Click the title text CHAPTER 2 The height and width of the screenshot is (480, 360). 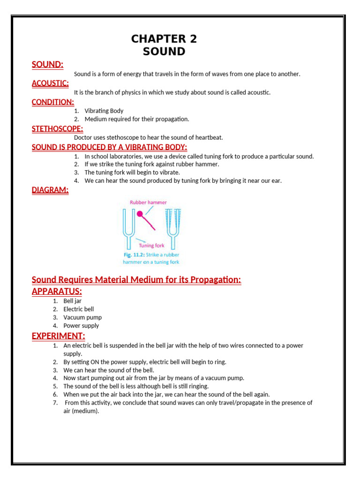point(164,39)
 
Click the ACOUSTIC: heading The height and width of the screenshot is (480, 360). point(50,83)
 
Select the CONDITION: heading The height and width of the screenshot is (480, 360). point(52,102)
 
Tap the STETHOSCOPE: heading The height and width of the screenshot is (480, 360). point(57,128)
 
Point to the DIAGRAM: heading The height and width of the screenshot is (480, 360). point(50,190)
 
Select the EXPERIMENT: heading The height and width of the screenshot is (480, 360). point(59,336)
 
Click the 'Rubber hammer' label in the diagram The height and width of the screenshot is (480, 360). point(148,202)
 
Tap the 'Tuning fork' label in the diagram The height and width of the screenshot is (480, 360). point(151,245)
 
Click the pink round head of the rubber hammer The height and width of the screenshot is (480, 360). point(140,214)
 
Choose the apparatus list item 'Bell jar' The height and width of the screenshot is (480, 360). point(73,301)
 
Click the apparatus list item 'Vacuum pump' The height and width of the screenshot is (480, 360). point(82,317)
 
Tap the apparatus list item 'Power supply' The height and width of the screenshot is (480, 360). point(81,326)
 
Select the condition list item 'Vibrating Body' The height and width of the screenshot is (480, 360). point(104,111)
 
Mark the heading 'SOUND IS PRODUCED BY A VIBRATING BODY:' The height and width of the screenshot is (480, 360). point(109,147)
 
